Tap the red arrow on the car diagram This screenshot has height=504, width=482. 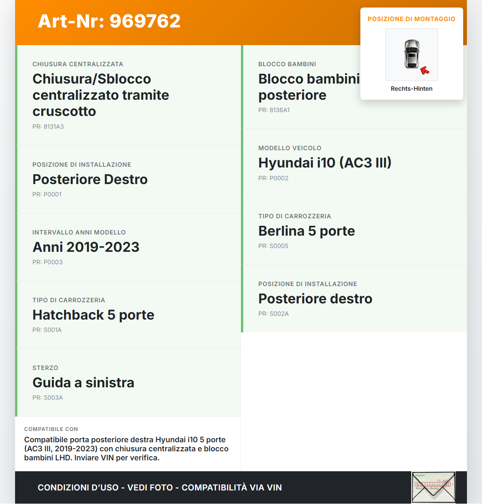click(425, 70)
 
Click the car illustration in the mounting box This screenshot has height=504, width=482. click(412, 54)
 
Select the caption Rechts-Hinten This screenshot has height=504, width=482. click(411, 88)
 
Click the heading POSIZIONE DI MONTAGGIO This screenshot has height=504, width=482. click(411, 19)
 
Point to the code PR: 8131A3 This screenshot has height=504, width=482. click(48, 126)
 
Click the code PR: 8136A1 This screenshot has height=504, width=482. click(274, 110)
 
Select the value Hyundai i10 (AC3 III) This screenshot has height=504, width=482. click(325, 163)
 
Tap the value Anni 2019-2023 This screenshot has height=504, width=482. click(86, 247)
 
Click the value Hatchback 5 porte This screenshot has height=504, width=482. click(93, 315)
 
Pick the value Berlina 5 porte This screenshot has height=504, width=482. click(307, 231)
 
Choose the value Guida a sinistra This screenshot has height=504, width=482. click(83, 382)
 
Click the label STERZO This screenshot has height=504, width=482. click(45, 368)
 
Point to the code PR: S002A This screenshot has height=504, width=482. click(273, 314)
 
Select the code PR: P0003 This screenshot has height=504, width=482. click(47, 262)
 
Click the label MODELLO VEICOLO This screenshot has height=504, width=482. click(290, 148)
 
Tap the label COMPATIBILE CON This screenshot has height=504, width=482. click(51, 429)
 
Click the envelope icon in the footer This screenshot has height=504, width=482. click(433, 487)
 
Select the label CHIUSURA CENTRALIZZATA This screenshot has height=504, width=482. click(78, 64)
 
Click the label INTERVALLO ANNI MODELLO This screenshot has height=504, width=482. click(79, 232)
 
